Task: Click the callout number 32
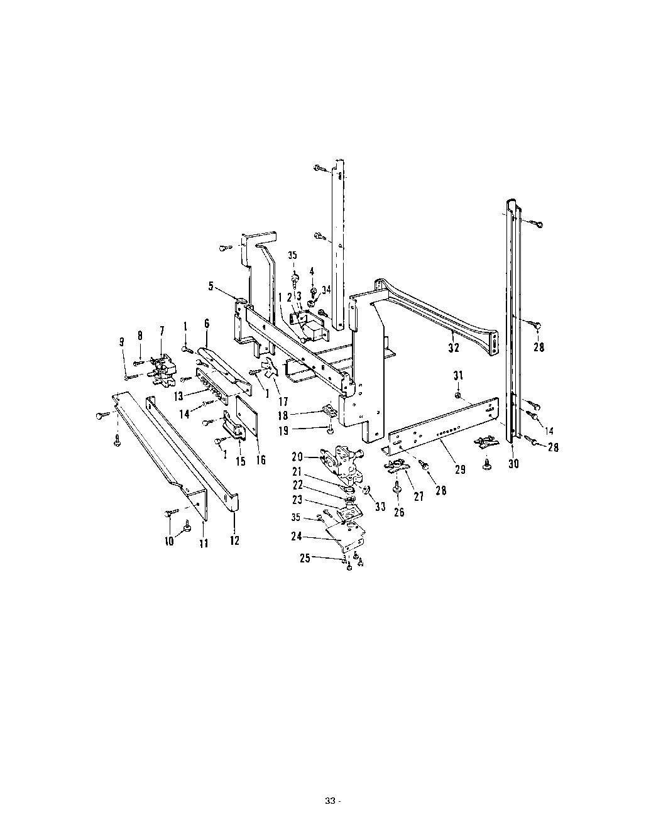pyautogui.click(x=454, y=348)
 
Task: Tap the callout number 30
pyautogui.click(x=513, y=464)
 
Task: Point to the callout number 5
pyautogui.click(x=211, y=286)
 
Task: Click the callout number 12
pyautogui.click(x=234, y=540)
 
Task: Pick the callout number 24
pyautogui.click(x=297, y=537)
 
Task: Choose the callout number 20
pyautogui.click(x=297, y=457)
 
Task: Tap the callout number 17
pyautogui.click(x=283, y=402)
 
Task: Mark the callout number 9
pyautogui.click(x=122, y=342)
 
